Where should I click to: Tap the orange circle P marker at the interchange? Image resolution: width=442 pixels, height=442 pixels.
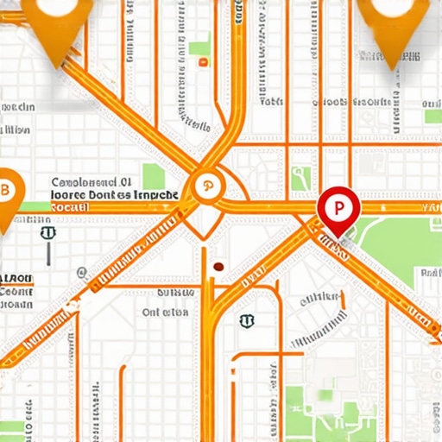[x=207, y=186]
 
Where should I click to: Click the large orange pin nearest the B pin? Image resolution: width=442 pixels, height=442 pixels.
[x=55, y=26]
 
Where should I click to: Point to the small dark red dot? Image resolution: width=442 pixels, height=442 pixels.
[x=218, y=267]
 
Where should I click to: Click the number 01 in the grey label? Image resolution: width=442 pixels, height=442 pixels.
[x=125, y=183]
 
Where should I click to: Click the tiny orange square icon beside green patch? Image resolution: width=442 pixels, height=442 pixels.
[x=203, y=62]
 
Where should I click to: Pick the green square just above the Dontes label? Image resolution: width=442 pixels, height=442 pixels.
[x=154, y=176]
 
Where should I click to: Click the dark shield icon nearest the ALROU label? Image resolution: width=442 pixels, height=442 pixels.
[x=47, y=233]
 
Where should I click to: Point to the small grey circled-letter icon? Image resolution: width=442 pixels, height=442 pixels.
[x=81, y=273]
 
